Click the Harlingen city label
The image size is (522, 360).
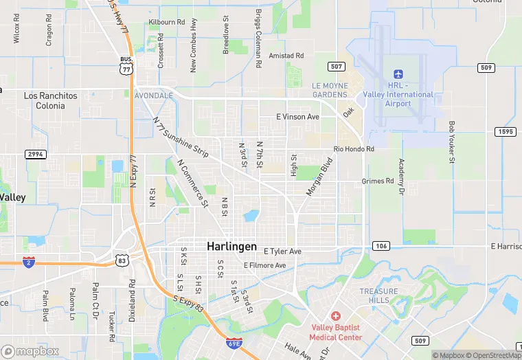pos(232,246)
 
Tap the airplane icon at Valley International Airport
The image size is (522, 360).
pos(398,74)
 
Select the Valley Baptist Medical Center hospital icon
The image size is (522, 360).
pos(335,315)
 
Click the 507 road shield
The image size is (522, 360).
pos(336,67)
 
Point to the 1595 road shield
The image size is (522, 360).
pos(507,132)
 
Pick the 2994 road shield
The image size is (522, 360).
pos(36,154)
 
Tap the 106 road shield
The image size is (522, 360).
pos(381,245)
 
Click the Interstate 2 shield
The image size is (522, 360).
pos(28,262)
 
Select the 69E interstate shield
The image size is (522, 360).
pos(234,341)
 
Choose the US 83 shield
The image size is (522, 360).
pos(122,260)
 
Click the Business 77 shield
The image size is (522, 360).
pos(126,66)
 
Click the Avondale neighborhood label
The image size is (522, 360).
pos(154,95)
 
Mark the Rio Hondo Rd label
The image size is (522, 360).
pos(354,149)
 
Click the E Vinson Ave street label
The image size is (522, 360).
pos(297,117)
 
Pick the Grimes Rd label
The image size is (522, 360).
pos(378,181)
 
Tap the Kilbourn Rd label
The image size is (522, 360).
pos(167,22)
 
